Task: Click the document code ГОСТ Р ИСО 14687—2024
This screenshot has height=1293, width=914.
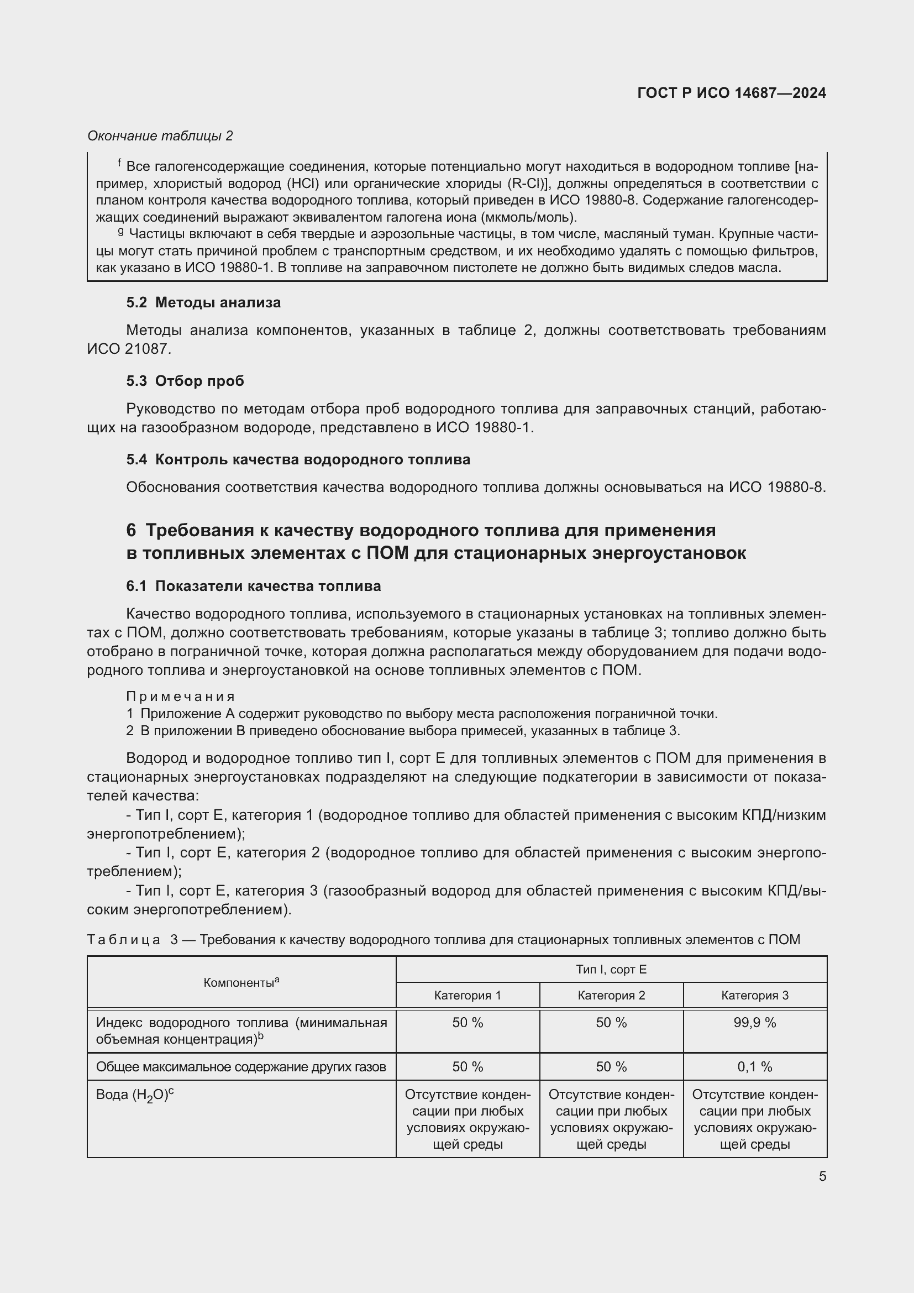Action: point(731,93)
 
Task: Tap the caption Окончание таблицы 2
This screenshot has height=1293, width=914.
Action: point(160,136)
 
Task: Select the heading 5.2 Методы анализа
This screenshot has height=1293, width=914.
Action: point(203,302)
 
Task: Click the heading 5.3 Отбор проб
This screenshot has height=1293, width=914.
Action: point(185,381)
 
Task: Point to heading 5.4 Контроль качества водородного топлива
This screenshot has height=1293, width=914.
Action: point(298,459)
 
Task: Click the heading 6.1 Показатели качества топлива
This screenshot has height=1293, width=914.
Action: point(253,586)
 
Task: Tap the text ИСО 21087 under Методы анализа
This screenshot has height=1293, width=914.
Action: point(128,349)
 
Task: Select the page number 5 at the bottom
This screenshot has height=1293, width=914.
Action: point(822,1176)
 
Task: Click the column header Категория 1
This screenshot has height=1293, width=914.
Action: point(467,995)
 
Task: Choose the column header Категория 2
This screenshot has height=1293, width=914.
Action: point(611,995)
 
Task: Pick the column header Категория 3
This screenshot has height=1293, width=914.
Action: point(755,995)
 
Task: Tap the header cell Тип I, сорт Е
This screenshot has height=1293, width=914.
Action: point(611,969)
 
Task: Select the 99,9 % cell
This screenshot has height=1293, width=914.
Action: point(755,1023)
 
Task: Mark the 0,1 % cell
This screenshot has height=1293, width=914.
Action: point(755,1066)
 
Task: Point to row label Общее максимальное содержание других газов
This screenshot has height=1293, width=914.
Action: point(241,1066)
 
